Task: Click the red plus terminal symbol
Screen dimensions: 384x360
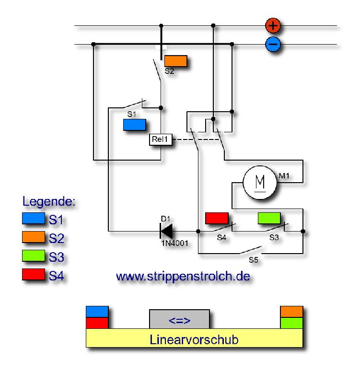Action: tap(273, 25)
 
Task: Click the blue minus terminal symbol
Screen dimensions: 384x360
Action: tap(273, 45)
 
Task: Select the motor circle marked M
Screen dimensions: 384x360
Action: tap(260, 182)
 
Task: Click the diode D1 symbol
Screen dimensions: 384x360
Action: tap(166, 231)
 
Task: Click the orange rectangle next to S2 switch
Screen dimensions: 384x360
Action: tap(175, 61)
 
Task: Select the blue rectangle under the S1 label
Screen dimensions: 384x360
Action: tap(135, 125)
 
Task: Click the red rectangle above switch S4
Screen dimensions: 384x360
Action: tap(217, 218)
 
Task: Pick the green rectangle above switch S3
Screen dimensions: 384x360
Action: tap(269, 218)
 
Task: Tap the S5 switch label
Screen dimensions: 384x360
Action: tap(253, 259)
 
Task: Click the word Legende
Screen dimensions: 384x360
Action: tap(49, 201)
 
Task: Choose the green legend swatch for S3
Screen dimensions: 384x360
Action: tap(33, 256)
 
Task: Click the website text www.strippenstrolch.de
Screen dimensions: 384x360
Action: tap(183, 277)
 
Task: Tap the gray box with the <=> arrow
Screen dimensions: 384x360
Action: tap(179, 319)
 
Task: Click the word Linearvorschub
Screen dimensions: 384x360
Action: tap(194, 340)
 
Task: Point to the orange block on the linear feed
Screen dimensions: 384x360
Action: tap(291, 312)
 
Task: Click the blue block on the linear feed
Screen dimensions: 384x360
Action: tap(97, 312)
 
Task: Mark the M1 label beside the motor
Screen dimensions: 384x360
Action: tap(285, 176)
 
